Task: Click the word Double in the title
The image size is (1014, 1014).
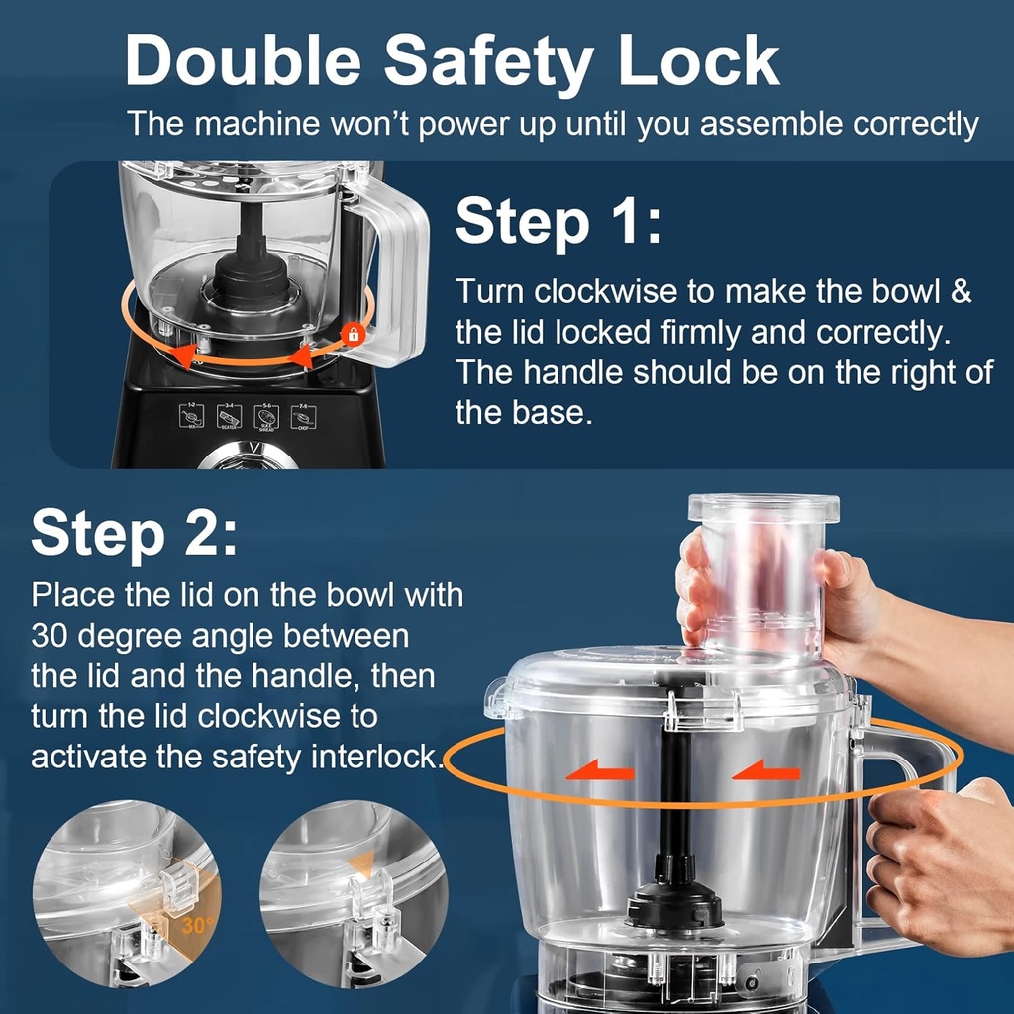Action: tap(245, 61)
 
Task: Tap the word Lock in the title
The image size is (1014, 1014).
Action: tap(699, 61)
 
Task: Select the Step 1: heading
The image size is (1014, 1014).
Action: tap(558, 222)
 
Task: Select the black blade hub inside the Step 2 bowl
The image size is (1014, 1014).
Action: tap(673, 901)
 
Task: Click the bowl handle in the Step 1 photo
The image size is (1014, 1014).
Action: tap(396, 267)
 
